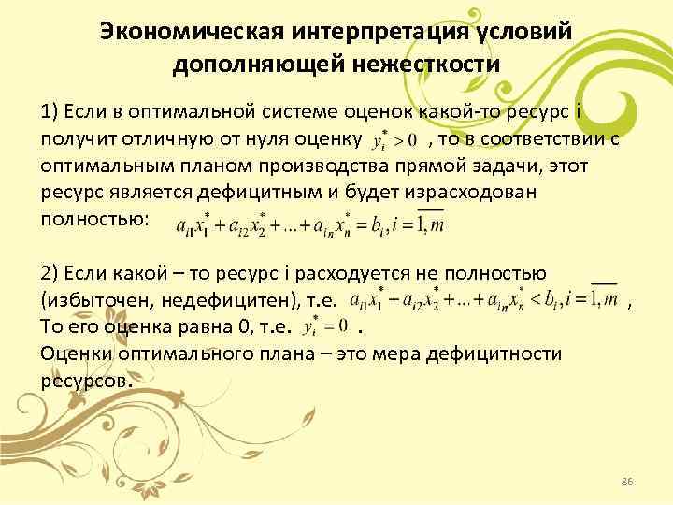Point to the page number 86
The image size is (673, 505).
tap(627, 481)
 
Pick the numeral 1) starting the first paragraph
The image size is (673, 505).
tap(50, 113)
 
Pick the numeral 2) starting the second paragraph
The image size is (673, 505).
tap(51, 274)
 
